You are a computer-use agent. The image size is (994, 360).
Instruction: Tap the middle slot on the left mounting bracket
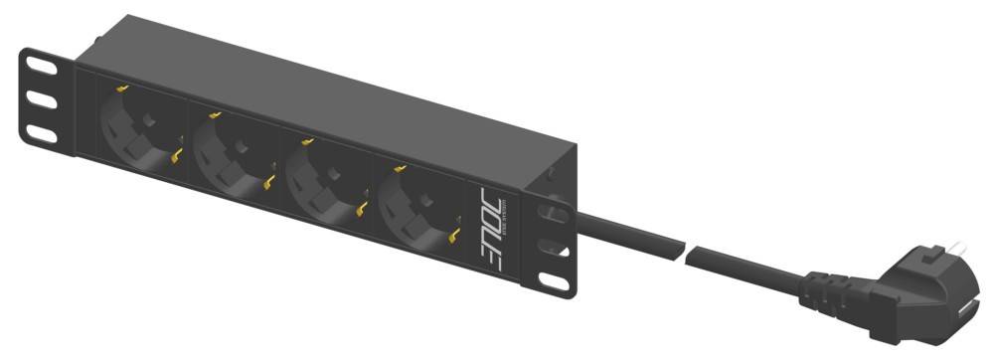click(43, 100)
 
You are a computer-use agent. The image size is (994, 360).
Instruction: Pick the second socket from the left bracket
click(231, 152)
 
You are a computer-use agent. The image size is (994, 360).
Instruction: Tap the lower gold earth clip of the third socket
click(362, 209)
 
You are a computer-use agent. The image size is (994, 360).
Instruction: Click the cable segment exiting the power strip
click(626, 233)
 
